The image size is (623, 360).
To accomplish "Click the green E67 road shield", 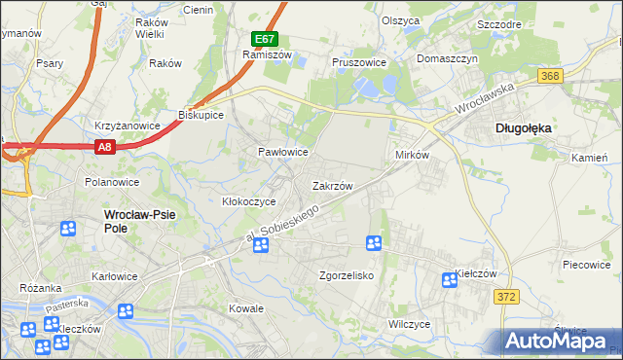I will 264,40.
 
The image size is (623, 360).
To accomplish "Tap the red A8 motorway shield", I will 106,147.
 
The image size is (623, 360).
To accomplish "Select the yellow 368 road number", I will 551,76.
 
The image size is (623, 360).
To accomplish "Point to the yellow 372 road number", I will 505,297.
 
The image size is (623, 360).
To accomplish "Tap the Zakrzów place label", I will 331,185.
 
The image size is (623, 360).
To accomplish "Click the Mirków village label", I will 412,156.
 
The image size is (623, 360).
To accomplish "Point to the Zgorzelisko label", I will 347,275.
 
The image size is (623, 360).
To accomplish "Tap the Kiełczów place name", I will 477,275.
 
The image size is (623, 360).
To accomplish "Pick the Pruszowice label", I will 359,61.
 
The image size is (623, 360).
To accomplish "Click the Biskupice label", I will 202,114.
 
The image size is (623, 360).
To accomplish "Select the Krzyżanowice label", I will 127,126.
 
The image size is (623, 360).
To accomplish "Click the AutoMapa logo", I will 559,341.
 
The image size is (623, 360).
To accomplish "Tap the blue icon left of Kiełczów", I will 449,280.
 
